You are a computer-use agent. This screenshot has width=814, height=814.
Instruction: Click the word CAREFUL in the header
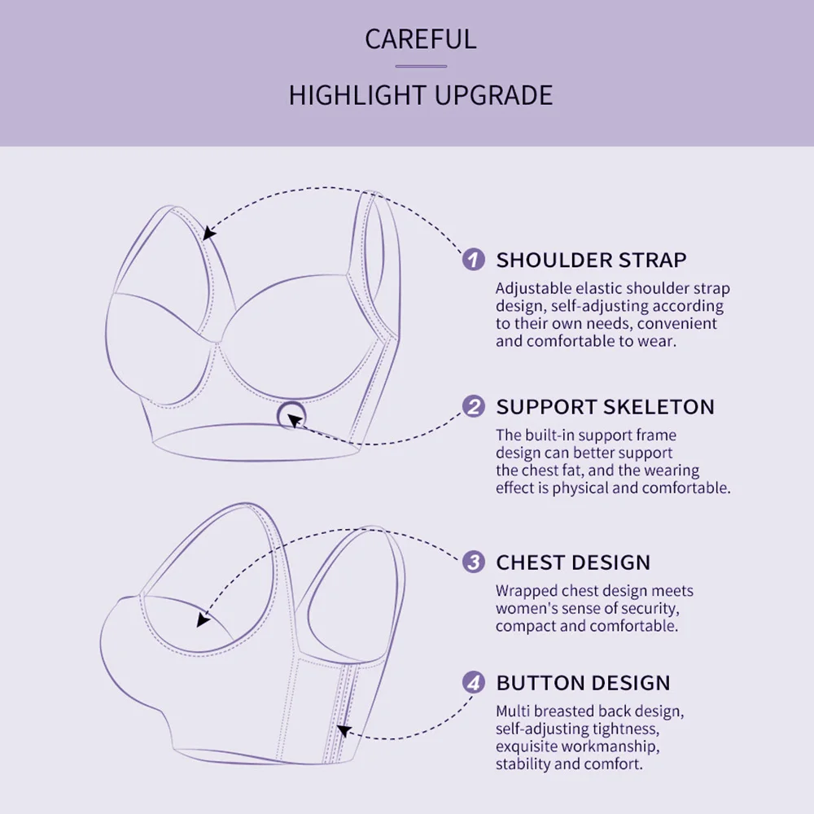(x=420, y=39)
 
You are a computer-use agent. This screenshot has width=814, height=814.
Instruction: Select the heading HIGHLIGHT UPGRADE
(x=420, y=95)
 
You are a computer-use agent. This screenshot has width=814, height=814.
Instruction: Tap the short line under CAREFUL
(x=421, y=67)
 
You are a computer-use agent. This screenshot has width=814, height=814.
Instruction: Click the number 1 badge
(x=474, y=260)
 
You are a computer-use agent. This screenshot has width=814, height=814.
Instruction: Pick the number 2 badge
(x=474, y=407)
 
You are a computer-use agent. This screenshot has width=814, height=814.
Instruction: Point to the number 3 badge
(x=474, y=562)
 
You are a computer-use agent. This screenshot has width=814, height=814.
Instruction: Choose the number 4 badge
(x=474, y=683)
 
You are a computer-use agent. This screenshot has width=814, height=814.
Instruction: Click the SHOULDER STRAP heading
(x=591, y=260)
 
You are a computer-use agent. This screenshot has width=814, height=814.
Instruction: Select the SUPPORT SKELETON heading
(x=605, y=407)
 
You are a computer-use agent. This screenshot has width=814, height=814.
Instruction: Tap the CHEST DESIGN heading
(x=573, y=562)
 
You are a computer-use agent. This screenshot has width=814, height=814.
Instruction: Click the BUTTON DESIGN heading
(x=583, y=683)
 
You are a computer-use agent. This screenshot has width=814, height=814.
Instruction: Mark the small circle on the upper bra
(x=290, y=416)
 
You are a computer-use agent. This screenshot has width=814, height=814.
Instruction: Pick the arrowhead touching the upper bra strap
(x=210, y=234)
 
